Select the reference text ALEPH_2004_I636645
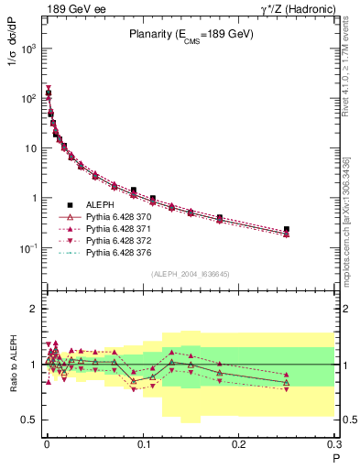point(190,274)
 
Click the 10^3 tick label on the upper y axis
point(29,49)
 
